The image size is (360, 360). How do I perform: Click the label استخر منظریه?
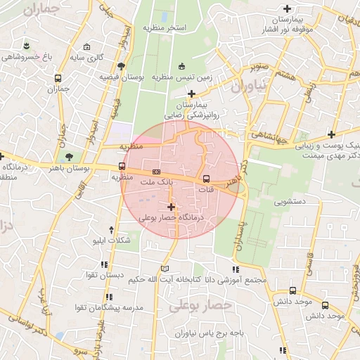[164, 27]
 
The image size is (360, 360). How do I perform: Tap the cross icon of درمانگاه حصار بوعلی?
[171, 207]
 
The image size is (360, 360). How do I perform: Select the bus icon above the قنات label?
[207, 179]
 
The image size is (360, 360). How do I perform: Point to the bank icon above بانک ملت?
[156, 172]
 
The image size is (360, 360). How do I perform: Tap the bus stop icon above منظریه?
[122, 167]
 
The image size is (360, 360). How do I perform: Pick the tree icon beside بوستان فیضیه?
[122, 66]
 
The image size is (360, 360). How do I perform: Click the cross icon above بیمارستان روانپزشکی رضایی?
[191, 93]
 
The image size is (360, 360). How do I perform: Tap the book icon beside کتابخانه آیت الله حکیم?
[165, 269]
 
